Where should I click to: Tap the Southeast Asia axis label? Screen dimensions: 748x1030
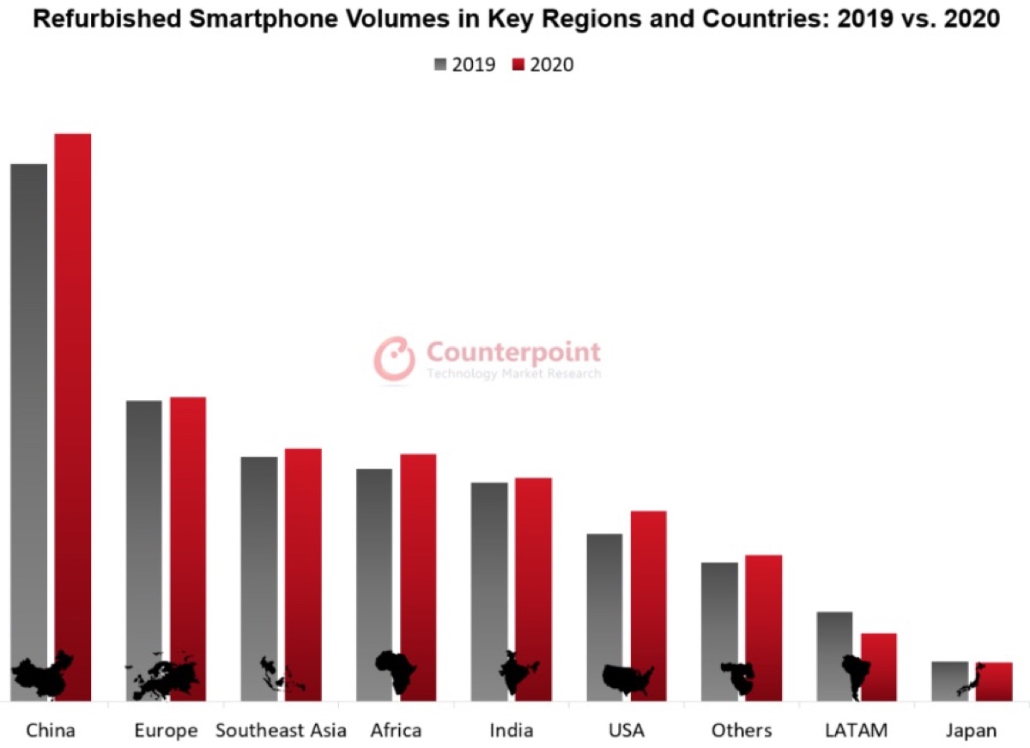[x=281, y=731]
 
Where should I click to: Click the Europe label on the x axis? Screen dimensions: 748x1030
[x=166, y=731]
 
